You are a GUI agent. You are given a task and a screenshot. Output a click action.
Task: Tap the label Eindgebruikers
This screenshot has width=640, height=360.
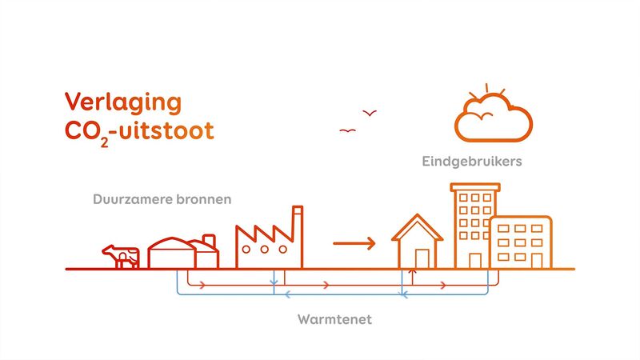472,162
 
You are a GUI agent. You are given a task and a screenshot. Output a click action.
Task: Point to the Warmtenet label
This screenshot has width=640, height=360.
334,320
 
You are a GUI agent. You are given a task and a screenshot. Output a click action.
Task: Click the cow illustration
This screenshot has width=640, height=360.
121,256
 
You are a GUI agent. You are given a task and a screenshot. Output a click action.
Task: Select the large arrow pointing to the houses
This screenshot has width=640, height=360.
354,242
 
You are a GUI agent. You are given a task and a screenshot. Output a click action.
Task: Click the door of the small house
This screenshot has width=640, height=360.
422,258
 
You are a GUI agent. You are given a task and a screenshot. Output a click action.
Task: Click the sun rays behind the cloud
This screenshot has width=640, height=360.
488,89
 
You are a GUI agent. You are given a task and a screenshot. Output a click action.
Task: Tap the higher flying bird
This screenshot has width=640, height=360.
370,114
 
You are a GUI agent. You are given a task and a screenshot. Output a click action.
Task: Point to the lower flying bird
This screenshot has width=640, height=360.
347,130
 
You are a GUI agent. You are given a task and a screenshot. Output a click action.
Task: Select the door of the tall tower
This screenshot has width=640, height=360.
475,260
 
